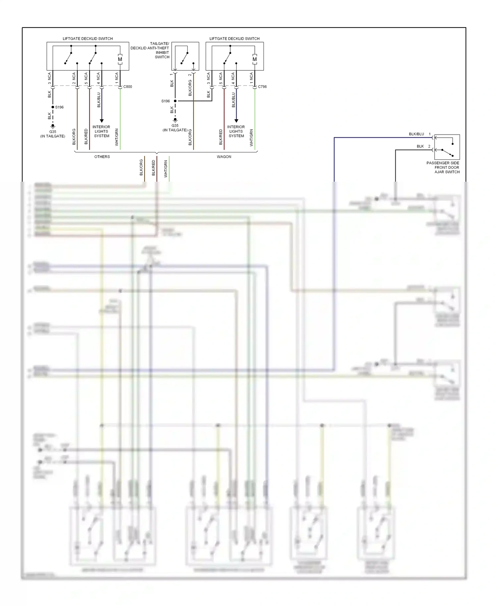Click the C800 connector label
128,87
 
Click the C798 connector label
262,87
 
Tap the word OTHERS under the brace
102,157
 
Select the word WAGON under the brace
224,157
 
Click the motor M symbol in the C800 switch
120,59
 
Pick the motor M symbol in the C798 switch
254,59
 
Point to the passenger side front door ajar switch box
447,147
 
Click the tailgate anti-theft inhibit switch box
185,56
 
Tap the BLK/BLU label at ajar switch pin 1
416,134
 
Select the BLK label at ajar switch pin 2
420,146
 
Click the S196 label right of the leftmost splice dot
60,107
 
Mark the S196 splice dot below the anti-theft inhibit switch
175,101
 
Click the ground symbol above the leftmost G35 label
53,126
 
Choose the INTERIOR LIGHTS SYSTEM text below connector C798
236,131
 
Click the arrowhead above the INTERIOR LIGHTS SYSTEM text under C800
102,121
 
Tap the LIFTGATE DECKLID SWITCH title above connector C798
234,39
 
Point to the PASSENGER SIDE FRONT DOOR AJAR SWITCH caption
443,167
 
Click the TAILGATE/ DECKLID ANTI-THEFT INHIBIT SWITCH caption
150,50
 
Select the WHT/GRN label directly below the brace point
166,169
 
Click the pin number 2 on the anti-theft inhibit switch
190,75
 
